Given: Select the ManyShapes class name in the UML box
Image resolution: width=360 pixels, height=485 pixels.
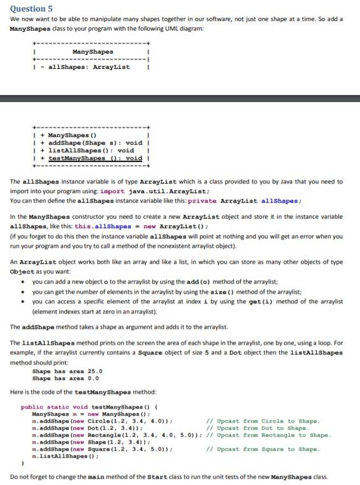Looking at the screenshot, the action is pyautogui.click(x=93, y=52).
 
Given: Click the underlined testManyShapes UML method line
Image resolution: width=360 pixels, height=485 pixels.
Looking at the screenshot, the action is pyautogui.click(x=95, y=158).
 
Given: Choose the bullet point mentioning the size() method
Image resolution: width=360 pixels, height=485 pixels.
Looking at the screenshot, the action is pyautogui.click(x=178, y=291).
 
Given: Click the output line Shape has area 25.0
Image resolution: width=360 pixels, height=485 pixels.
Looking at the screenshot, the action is pyautogui.click(x=67, y=370).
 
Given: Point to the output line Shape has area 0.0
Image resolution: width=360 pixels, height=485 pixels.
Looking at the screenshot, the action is pyautogui.click(x=65, y=378).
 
